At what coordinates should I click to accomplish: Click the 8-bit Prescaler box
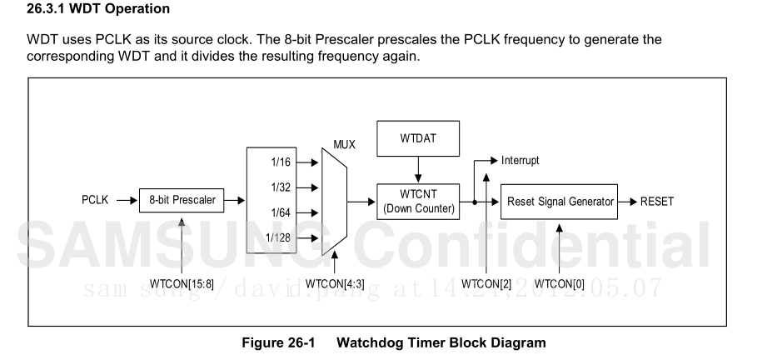pyautogui.click(x=182, y=201)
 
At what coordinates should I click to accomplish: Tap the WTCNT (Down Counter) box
pyautogui.click(x=418, y=201)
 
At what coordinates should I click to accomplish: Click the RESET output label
pyautogui.click(x=658, y=201)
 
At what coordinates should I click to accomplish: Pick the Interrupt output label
pyautogui.click(x=520, y=160)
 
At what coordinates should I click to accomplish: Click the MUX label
pyautogui.click(x=344, y=144)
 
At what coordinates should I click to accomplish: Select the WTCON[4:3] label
pyautogui.click(x=334, y=282)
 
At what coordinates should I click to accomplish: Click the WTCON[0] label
pyautogui.click(x=560, y=282)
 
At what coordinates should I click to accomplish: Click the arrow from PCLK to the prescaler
pyautogui.click(x=125, y=201)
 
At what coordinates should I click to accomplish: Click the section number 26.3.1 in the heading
pyautogui.click(x=48, y=10)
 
